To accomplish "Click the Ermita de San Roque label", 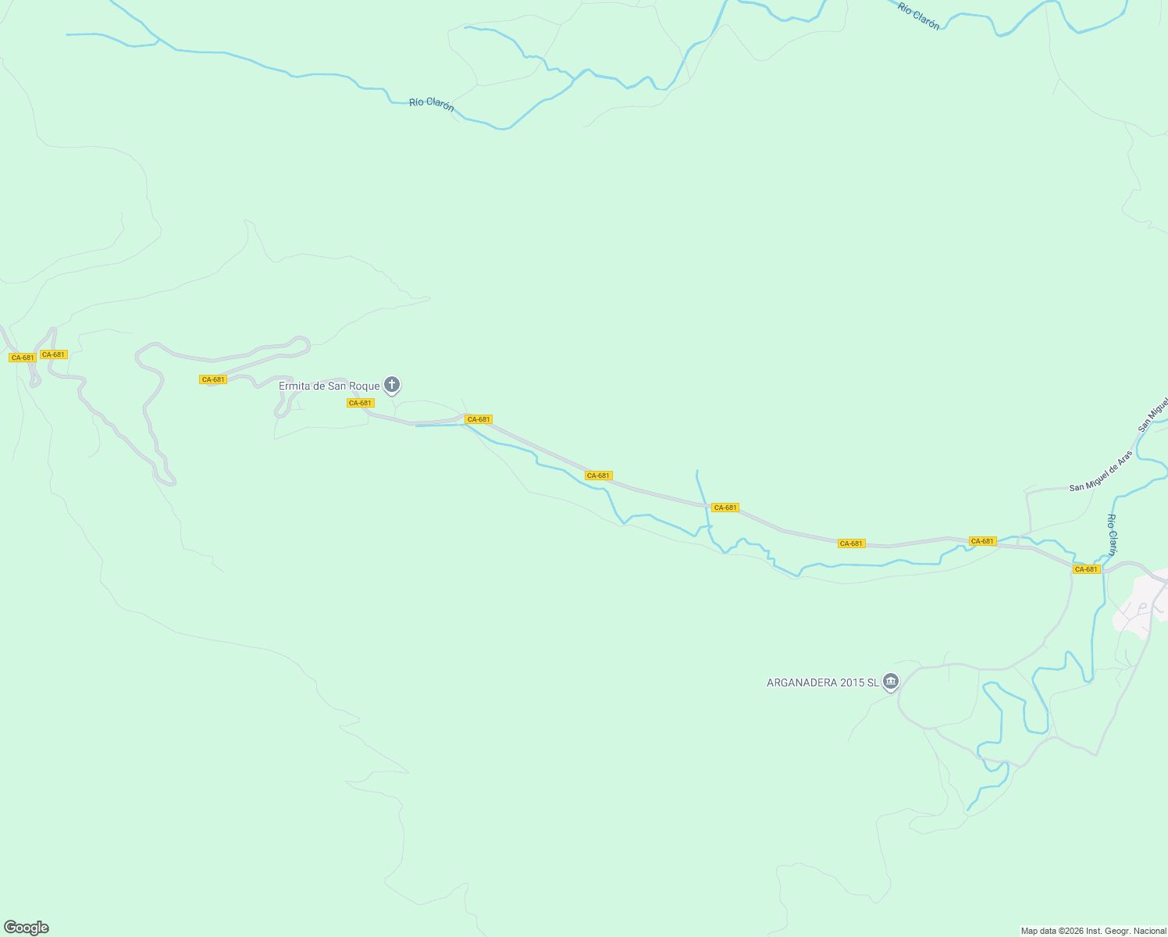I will click(329, 386).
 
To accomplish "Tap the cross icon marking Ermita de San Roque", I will click(392, 384).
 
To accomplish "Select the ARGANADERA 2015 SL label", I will click(822, 682).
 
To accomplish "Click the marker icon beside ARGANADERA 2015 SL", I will click(891, 682).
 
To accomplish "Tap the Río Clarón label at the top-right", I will click(918, 16).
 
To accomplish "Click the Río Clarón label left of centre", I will click(432, 104).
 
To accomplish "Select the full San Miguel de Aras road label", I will click(1101, 472).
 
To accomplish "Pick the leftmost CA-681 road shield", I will click(22, 358).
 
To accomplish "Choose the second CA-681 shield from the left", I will click(54, 354).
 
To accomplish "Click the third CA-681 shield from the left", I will click(213, 379).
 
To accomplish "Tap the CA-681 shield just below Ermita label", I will click(361, 403).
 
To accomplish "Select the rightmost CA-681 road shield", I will click(1086, 569).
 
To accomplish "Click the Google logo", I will click(27, 928).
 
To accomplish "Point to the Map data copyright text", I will click(1093, 931).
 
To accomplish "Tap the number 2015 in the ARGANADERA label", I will click(850, 682).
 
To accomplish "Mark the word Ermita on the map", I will click(295, 386).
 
